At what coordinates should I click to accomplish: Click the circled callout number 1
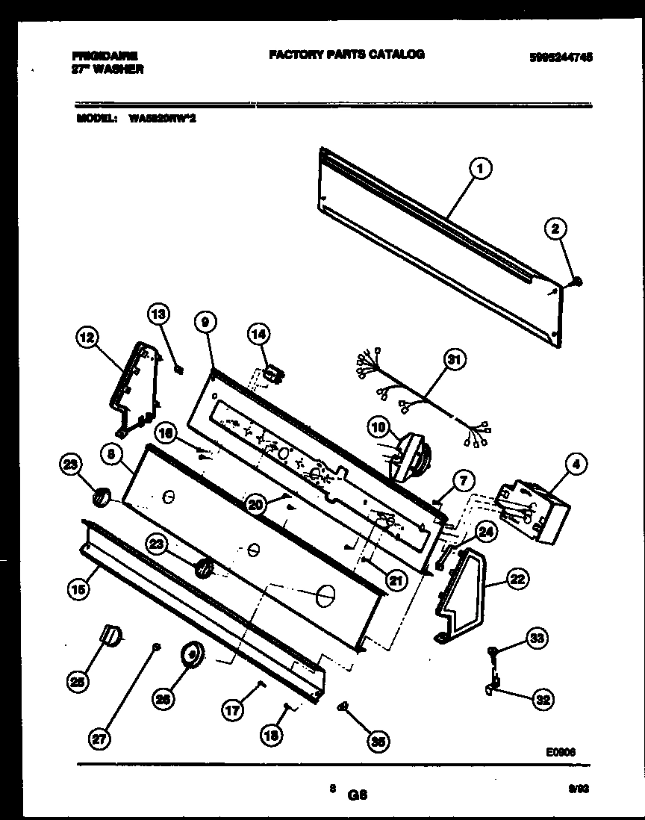click(481, 170)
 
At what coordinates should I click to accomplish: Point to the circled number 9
click(205, 321)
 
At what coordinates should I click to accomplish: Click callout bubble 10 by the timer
click(379, 426)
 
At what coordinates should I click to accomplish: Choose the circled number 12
click(89, 338)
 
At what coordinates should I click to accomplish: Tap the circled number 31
click(452, 360)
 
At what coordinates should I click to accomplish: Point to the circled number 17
click(233, 710)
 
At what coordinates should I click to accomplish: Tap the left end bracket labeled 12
click(138, 388)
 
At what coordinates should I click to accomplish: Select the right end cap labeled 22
click(459, 594)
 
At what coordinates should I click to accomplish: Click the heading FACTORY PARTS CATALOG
click(346, 54)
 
